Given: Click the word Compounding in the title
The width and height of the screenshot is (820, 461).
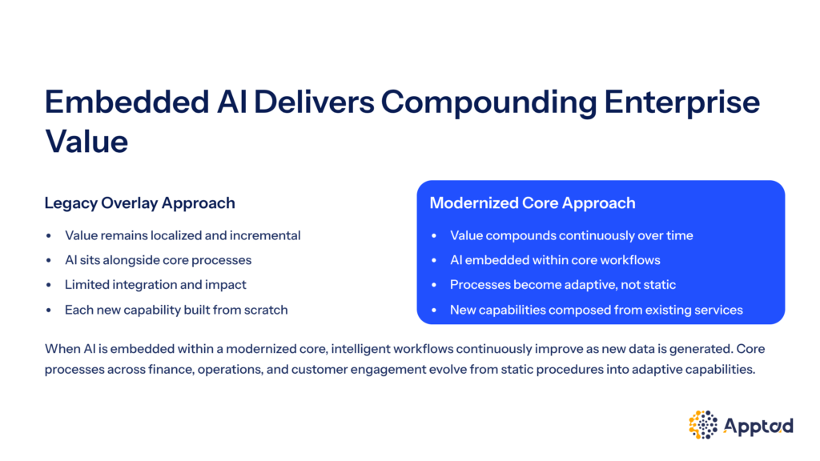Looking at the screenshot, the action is (488, 102).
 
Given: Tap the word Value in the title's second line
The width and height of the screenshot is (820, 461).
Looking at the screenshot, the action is (86, 141).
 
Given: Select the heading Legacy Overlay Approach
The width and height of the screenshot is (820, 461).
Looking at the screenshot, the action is (139, 202).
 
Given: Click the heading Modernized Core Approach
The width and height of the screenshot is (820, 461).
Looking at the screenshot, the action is (533, 202).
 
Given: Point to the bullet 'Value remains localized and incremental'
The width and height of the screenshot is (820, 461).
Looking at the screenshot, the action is (183, 235).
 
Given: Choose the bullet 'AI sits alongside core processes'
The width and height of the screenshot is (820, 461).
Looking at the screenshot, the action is (158, 260).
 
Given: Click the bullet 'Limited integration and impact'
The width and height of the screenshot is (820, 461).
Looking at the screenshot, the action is (155, 284).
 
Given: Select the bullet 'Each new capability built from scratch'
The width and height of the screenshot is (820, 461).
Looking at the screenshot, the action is (176, 310).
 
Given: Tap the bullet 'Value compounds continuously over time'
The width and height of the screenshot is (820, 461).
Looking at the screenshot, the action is (572, 235).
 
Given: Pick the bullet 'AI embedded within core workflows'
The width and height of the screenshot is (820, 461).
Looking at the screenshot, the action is (555, 260).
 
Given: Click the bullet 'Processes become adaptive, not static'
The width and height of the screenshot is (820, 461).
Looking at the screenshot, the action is (563, 284).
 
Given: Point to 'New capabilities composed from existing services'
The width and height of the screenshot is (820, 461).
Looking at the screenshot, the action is (596, 310).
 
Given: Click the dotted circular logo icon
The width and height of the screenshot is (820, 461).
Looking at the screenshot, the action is (703, 424).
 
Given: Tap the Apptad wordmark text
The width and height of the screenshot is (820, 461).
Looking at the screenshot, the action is (758, 426).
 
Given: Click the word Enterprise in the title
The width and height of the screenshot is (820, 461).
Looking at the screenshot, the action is (682, 102).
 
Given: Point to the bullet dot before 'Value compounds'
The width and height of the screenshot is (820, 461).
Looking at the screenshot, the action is (434, 236).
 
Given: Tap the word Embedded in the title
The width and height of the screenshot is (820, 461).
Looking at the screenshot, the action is (127, 102).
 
